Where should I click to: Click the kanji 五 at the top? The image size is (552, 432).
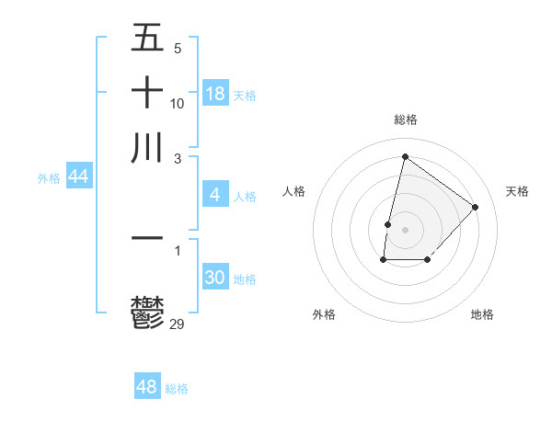[147, 38]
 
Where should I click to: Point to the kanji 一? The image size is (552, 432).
[147, 238]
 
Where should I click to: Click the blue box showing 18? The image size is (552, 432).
[215, 93]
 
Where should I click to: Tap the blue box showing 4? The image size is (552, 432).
[215, 195]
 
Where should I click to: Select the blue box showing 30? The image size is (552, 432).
[215, 279]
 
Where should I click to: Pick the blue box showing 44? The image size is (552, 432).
[78, 177]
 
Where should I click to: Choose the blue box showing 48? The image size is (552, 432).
[147, 387]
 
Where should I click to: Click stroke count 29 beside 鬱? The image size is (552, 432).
[178, 323]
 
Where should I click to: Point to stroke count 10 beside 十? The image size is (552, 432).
[178, 103]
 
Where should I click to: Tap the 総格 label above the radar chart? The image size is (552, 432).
[406, 119]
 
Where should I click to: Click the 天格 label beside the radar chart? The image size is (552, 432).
[518, 191]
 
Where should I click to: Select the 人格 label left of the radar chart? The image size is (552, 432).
[294, 191]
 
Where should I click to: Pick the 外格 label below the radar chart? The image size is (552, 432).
[324, 314]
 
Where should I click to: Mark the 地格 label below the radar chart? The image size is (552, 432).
[482, 314]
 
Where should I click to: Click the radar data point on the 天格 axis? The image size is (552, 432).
[476, 207]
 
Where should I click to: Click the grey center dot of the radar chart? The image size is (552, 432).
[406, 229]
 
